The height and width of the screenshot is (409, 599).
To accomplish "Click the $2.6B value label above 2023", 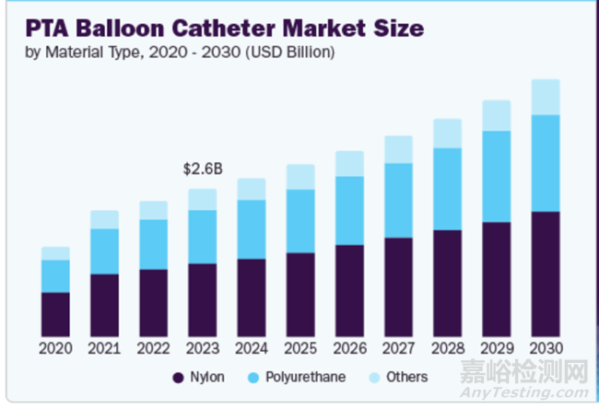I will [x=202, y=169].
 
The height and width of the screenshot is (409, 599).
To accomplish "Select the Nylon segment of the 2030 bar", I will [x=546, y=274].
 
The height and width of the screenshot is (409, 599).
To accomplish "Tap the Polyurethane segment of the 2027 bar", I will [x=398, y=200].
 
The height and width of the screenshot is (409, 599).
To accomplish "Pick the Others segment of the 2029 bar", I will [x=497, y=115].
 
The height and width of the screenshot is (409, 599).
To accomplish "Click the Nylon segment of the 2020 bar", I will [x=55, y=314].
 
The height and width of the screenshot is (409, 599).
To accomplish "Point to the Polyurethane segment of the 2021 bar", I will [x=104, y=251].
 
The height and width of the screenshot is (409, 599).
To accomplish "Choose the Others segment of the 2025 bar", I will [x=300, y=177].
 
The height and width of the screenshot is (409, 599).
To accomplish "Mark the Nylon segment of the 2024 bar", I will [x=252, y=297].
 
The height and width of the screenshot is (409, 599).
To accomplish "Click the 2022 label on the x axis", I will [x=153, y=349].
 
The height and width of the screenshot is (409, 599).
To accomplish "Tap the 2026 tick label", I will [x=349, y=349].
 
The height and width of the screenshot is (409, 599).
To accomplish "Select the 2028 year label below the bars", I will [x=447, y=349].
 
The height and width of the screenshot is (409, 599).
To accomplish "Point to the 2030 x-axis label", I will [x=546, y=349].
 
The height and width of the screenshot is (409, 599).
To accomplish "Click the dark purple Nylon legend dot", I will [x=178, y=378].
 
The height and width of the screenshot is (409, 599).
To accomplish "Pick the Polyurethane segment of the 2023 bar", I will [x=202, y=237].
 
